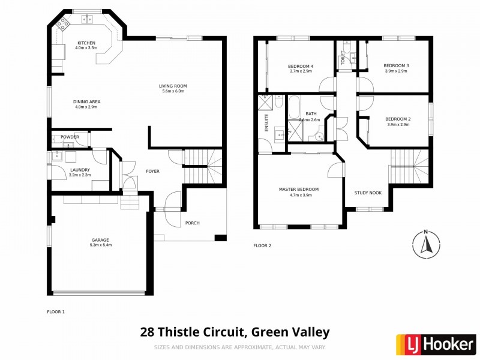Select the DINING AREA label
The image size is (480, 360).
pos(87,102)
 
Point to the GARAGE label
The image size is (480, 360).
pos(100,240)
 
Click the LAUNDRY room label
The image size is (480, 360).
pos(80,170)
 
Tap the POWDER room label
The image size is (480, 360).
pos(70,137)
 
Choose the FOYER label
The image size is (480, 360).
pos(153,171)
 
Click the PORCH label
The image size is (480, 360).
pos(192,223)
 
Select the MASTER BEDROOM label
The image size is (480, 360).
pos(298,189)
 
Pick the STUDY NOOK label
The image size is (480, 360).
pos(368,193)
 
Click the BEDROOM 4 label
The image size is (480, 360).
pos(301,66)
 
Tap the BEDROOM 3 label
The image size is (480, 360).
pos(396,66)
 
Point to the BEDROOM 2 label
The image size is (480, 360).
pos(397,119)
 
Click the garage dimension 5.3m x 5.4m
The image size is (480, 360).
pos(100,245)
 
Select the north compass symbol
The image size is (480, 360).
pos(425,243)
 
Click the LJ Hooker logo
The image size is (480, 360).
pos(436,344)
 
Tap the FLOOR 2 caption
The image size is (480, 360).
pos(262,245)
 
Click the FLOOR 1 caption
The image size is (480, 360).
pos(56,312)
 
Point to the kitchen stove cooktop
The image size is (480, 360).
pos(62,24)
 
